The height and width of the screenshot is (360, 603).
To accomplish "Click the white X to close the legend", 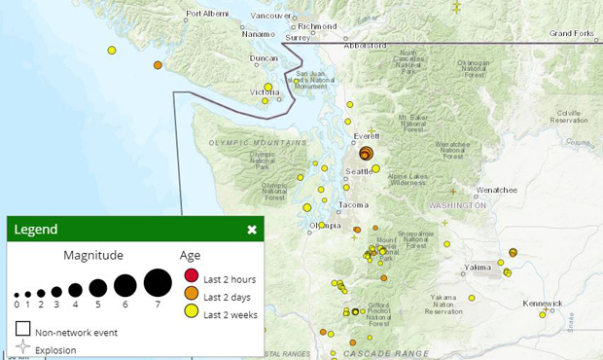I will tap(252, 230).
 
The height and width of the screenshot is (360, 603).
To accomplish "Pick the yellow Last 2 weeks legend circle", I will tap(191, 311).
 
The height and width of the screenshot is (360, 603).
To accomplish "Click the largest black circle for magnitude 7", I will tap(158, 283).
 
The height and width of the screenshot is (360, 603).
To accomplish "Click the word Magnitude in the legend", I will tap(93, 255).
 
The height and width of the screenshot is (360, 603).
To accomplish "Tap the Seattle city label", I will tap(357, 172).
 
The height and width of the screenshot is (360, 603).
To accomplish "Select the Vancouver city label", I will tap(270, 16).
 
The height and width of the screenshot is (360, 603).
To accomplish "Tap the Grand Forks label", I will tap(572, 32).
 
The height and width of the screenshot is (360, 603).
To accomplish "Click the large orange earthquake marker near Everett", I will tap(366, 153).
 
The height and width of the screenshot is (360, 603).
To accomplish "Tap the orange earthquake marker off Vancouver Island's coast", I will tap(158, 65).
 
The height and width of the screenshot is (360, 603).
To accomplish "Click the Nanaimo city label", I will tap(259, 34).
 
